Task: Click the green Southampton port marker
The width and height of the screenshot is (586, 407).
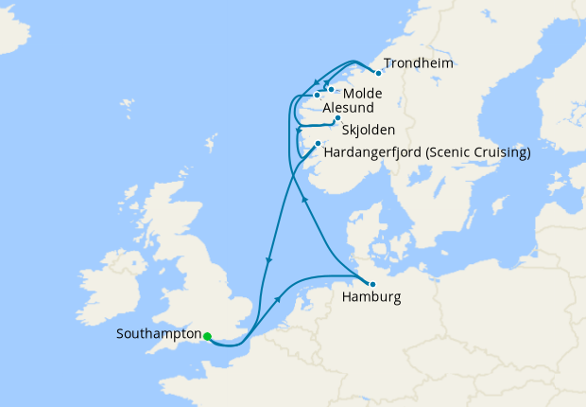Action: click(x=207, y=335)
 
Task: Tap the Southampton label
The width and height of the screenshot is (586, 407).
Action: click(x=159, y=334)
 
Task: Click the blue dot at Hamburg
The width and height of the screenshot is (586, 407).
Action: click(x=372, y=284)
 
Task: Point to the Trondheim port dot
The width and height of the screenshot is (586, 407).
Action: click(x=378, y=73)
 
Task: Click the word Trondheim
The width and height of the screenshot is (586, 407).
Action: click(x=420, y=63)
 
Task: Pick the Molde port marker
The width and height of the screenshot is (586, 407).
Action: click(x=331, y=90)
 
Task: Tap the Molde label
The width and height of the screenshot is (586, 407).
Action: click(x=364, y=95)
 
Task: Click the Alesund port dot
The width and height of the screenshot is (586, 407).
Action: click(x=317, y=96)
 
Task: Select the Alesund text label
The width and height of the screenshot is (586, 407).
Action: click(x=349, y=110)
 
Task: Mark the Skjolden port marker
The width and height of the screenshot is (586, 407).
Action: click(x=337, y=118)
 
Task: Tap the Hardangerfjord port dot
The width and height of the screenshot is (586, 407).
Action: click(x=318, y=144)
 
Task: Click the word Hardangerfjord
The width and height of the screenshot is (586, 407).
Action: click(x=373, y=151)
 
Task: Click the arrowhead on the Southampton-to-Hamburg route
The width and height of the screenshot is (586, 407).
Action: click(x=280, y=298)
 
